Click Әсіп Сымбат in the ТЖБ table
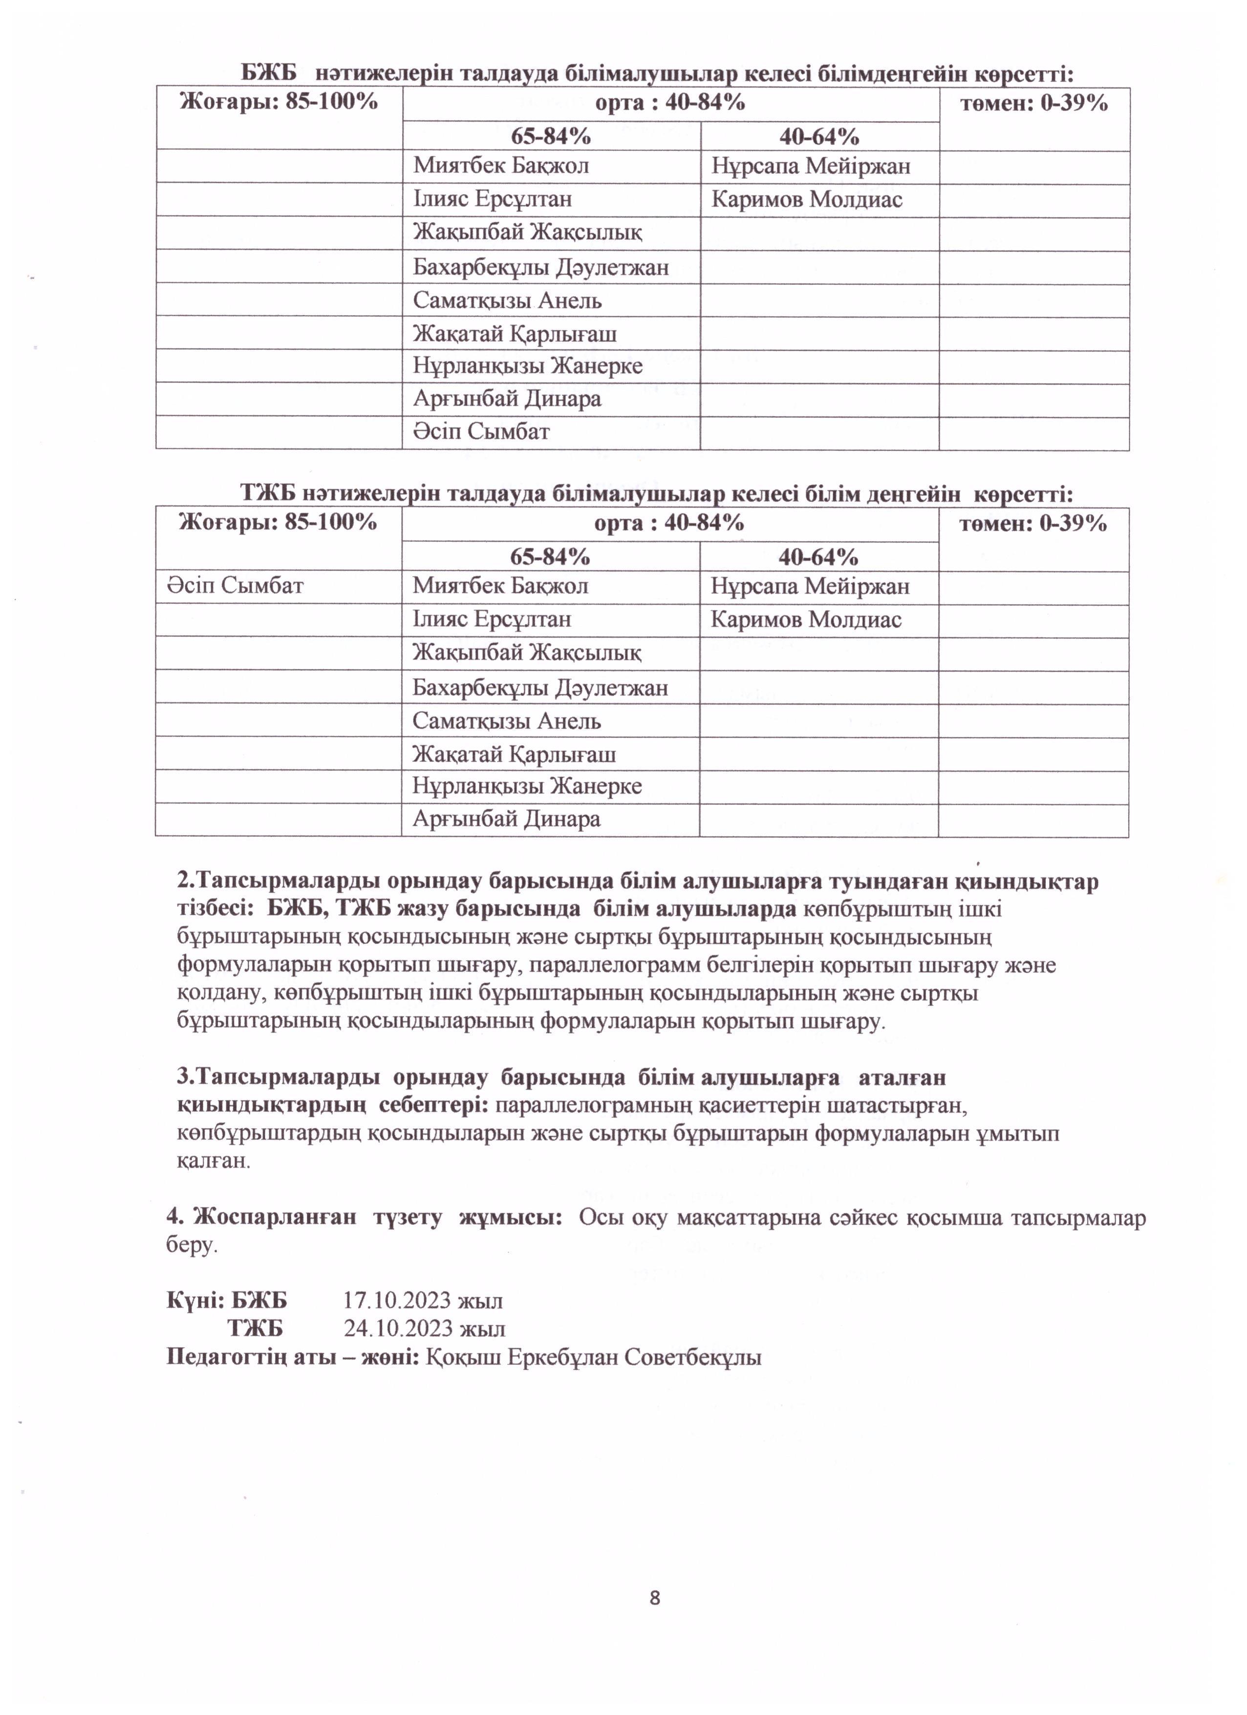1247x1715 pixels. (x=235, y=585)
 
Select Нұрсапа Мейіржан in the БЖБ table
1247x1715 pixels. (x=811, y=166)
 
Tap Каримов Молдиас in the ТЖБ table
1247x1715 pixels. (x=806, y=620)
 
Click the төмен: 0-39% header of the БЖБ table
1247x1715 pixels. (x=1034, y=104)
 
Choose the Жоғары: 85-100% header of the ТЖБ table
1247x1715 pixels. (x=278, y=522)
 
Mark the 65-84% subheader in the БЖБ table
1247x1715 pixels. (x=551, y=136)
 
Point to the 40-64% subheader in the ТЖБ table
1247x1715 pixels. (x=818, y=557)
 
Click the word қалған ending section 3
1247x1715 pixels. (x=213, y=1161)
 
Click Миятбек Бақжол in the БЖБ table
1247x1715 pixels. (x=501, y=166)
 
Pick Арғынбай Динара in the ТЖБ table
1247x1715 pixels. (x=506, y=819)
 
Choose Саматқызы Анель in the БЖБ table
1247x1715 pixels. (x=507, y=301)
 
